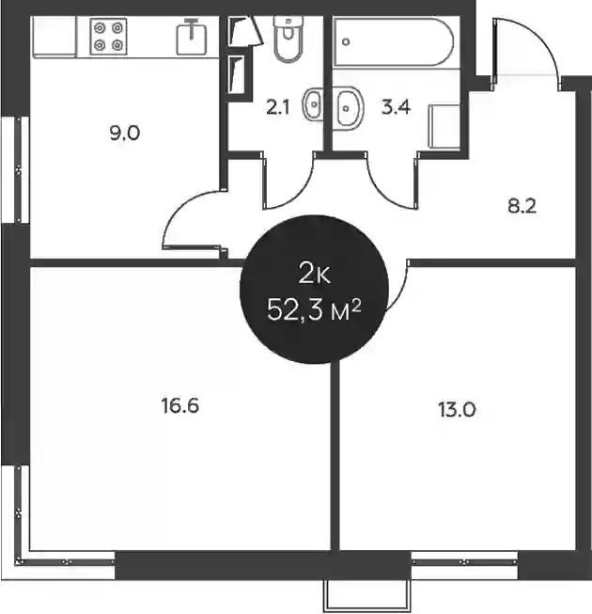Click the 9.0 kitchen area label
pyautogui.click(x=125, y=134)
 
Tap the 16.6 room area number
pyautogui.click(x=180, y=405)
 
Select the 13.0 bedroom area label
pyautogui.click(x=457, y=410)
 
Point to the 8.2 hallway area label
pyautogui.click(x=522, y=206)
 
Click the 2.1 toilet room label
pyautogui.click(x=278, y=107)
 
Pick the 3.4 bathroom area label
pyautogui.click(x=396, y=107)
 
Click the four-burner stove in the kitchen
pyautogui.click(x=108, y=37)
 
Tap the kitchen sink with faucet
pyautogui.click(x=192, y=38)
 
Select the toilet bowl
pyautogui.click(x=288, y=39)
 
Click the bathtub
pyautogui.click(x=393, y=42)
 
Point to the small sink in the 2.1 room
pyautogui.click(x=313, y=104)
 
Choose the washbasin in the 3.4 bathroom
pyautogui.click(x=349, y=108)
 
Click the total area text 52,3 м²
pyautogui.click(x=314, y=311)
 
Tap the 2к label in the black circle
pyautogui.click(x=314, y=274)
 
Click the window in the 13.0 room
pyautogui.click(x=464, y=562)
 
